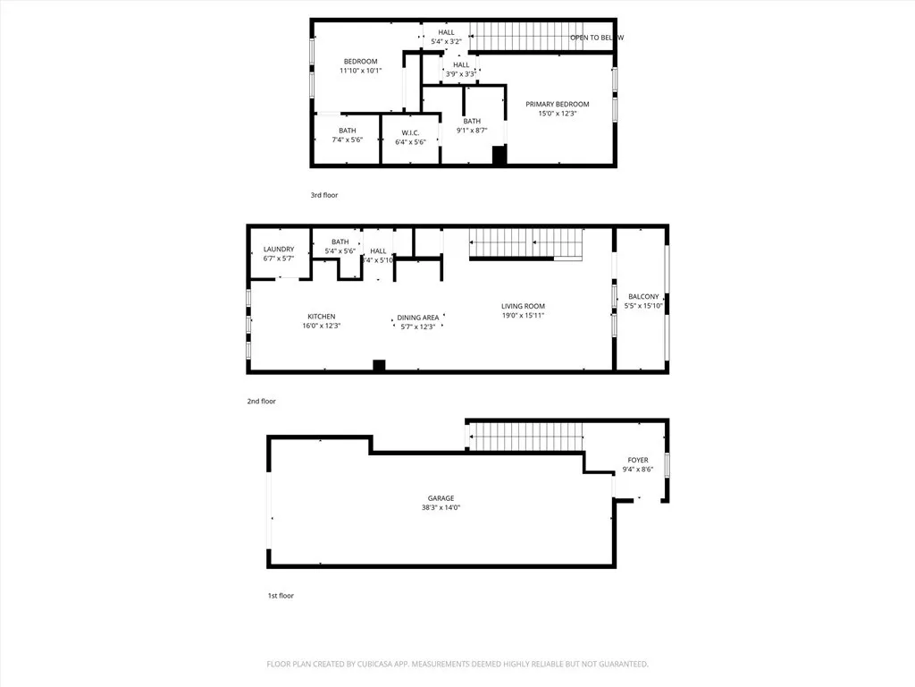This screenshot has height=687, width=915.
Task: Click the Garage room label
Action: (x=441, y=498)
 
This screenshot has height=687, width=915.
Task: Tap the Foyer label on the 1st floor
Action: (x=637, y=461)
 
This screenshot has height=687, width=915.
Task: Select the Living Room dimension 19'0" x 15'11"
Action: (x=523, y=316)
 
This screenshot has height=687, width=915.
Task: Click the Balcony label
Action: (x=643, y=297)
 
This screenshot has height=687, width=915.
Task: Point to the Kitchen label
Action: (x=322, y=317)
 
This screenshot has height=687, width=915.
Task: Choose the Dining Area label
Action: (x=418, y=318)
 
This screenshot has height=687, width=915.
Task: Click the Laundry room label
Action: (x=279, y=250)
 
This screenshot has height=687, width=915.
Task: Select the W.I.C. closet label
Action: (x=411, y=133)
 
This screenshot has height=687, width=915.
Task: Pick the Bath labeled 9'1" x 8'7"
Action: (x=472, y=122)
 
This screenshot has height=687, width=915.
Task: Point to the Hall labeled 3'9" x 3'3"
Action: (x=461, y=65)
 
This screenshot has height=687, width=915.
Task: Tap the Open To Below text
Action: (x=597, y=38)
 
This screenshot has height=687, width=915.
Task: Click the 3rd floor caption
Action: (x=324, y=195)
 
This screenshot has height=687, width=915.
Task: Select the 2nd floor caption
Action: (x=261, y=402)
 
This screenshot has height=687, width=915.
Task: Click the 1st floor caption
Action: (x=280, y=596)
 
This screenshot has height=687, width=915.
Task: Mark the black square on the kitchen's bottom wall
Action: (x=379, y=365)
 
